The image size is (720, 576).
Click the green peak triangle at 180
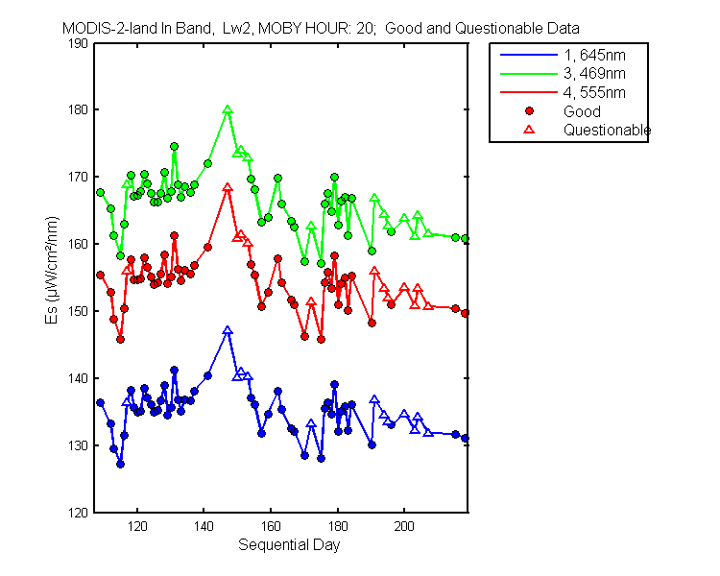(228, 109)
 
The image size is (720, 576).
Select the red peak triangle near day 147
(228, 187)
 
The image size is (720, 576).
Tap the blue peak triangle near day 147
(228, 330)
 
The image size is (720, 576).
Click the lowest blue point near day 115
(120, 464)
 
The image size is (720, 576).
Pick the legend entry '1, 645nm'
(594, 55)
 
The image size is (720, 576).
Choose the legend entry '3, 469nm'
(594, 74)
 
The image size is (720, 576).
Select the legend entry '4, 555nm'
(594, 93)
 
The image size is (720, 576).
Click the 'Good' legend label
(582, 111)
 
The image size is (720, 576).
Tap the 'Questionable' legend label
(607, 130)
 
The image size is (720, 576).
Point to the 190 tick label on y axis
(78, 43)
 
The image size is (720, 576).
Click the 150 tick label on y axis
(78, 311)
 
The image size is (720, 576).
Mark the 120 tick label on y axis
(78, 513)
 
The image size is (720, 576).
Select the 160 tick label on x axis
(271, 526)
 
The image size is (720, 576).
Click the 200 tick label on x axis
(404, 526)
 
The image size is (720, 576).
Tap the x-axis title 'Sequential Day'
(289, 545)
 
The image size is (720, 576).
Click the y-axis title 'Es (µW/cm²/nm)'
(52, 270)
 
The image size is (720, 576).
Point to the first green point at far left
(100, 192)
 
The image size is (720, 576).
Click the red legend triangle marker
(529, 130)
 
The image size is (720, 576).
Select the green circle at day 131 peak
(174, 147)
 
